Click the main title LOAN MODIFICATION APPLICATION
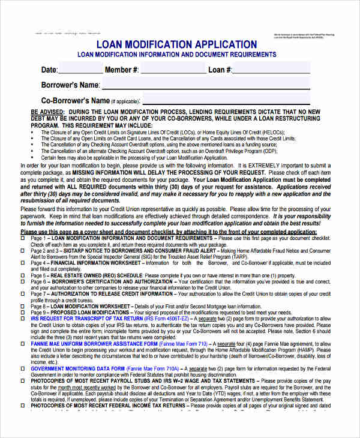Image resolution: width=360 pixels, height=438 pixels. pos(177,44)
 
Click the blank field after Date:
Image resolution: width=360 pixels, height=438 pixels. pos(80,70)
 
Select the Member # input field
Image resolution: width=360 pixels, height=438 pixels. pos(172,70)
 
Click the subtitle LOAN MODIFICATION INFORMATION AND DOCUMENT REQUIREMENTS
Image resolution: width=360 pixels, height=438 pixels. pos(177,55)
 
